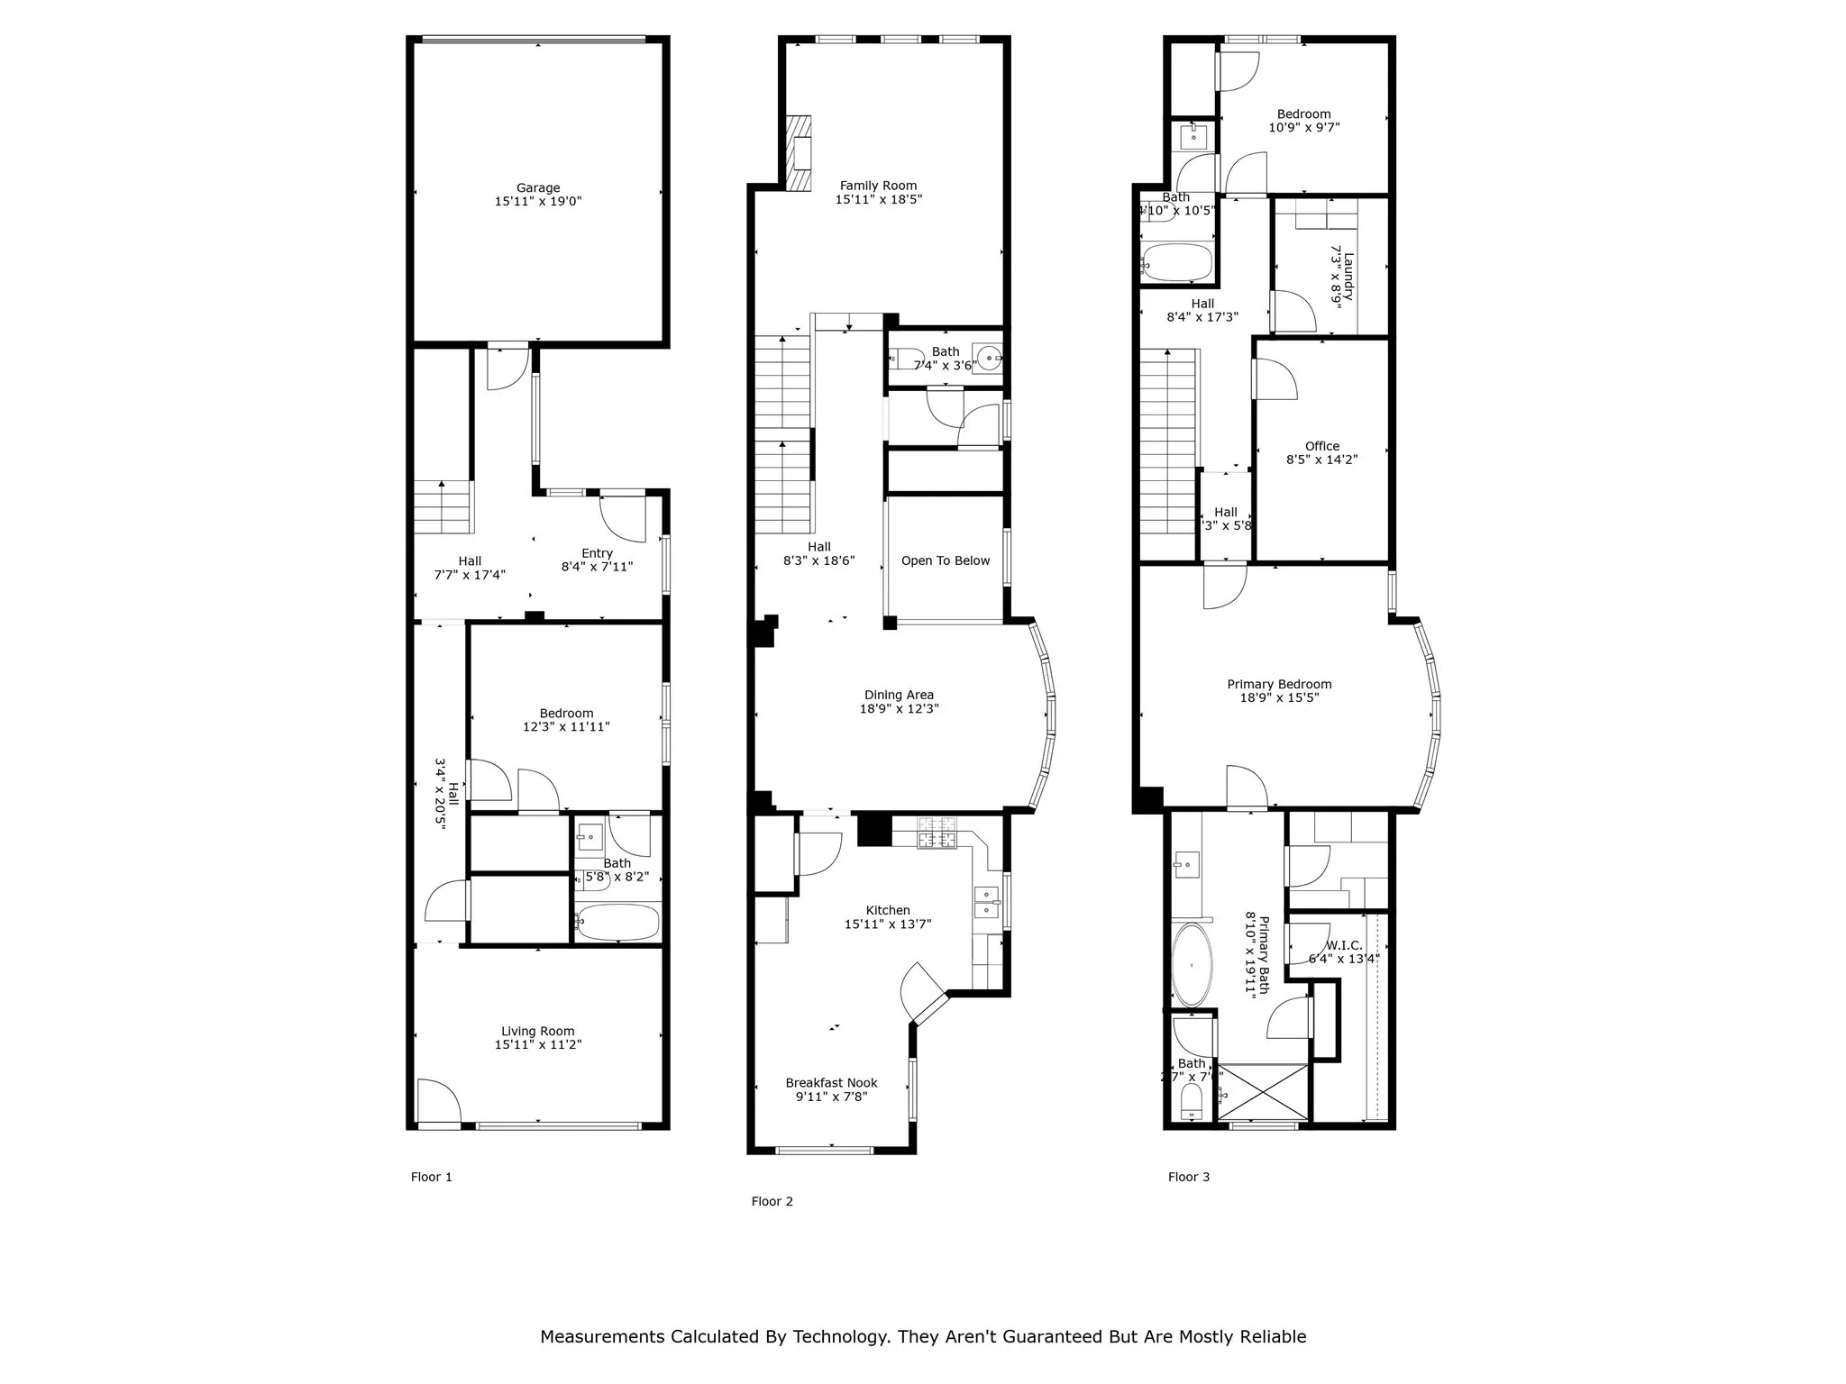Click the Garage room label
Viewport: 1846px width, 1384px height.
pyautogui.click(x=538, y=188)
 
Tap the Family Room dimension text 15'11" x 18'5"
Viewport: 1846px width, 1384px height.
pyautogui.click(x=878, y=200)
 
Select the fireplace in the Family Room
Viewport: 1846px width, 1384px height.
pyautogui.click(x=799, y=153)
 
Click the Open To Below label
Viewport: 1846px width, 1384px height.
pyautogui.click(x=945, y=560)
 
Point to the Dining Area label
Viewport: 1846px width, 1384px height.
pyautogui.click(x=899, y=695)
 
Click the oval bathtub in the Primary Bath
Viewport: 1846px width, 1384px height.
pyautogui.click(x=1193, y=965)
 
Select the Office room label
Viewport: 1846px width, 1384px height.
pyautogui.click(x=1321, y=446)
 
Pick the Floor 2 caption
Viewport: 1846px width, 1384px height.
pyautogui.click(x=772, y=1201)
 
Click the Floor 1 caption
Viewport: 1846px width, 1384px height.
pyautogui.click(x=431, y=1177)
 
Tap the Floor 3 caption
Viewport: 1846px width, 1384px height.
pyautogui.click(x=1188, y=1177)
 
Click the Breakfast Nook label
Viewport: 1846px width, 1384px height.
pyautogui.click(x=831, y=1083)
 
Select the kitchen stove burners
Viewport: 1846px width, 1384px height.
pyautogui.click(x=937, y=833)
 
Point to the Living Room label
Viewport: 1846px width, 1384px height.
pyautogui.click(x=538, y=1032)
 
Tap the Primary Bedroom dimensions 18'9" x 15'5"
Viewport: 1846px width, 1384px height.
pyautogui.click(x=1279, y=697)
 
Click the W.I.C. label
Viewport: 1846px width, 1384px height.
pyautogui.click(x=1344, y=945)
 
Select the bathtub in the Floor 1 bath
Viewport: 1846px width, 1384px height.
pyautogui.click(x=617, y=922)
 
